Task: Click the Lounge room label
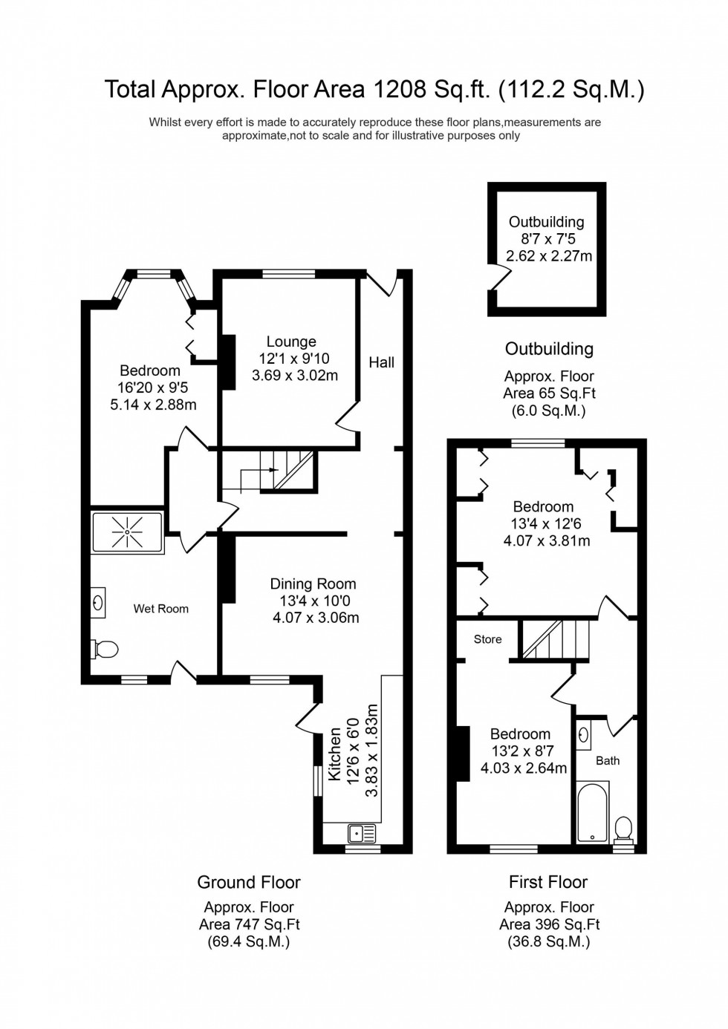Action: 291,342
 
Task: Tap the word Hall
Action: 381,362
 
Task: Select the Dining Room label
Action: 313,584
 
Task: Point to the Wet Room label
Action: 160,609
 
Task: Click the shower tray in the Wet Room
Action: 127,532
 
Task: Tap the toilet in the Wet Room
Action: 105,650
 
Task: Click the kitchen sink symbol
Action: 361,833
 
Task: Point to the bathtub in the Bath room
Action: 593,813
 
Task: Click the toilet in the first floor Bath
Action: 623,828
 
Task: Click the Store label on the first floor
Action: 487,639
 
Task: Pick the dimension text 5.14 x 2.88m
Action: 153,405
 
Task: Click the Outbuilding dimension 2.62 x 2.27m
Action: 549,256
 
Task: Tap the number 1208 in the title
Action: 400,89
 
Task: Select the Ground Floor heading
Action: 249,882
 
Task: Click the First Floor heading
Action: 548,882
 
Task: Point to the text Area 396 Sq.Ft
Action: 549,924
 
